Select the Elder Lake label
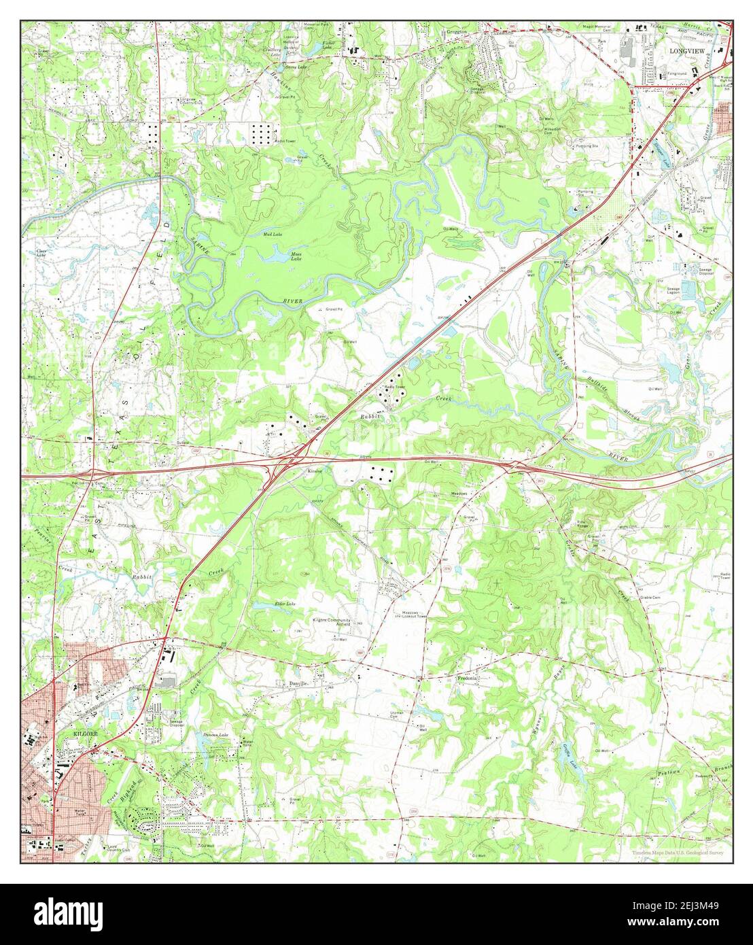click(x=284, y=604)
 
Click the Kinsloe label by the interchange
click(x=313, y=470)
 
